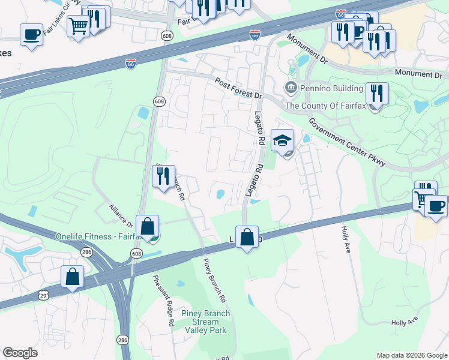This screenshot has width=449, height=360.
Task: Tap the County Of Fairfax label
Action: click(x=324, y=106)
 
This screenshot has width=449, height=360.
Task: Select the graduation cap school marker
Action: click(x=283, y=140)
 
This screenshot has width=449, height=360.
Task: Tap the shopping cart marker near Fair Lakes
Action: click(x=78, y=26)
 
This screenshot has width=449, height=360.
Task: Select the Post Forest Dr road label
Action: click(x=239, y=88)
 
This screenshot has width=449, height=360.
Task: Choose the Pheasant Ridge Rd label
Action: click(x=163, y=300)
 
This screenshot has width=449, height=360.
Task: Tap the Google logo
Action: click(x=20, y=352)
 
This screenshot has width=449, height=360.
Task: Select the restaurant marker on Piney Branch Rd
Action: click(x=163, y=176)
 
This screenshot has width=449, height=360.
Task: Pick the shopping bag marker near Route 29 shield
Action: click(x=72, y=278)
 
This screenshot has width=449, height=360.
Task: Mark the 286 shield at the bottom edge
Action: click(x=122, y=340)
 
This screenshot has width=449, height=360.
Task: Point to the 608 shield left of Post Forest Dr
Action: click(x=159, y=101)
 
